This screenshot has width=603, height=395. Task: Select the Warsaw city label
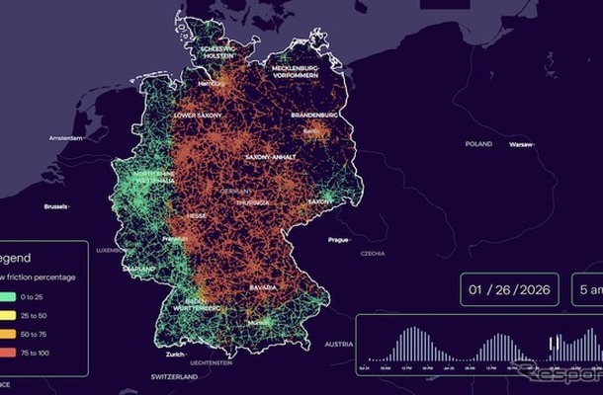pos(520,145)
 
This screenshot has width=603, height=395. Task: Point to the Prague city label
pos(338,240)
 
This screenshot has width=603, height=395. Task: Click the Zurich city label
pos(176,354)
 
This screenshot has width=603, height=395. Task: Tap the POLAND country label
pos(478,143)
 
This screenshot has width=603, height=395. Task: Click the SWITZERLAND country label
pos(175,377)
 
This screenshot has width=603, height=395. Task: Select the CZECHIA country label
pos(373,253)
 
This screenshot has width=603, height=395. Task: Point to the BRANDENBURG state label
pos(314,115)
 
